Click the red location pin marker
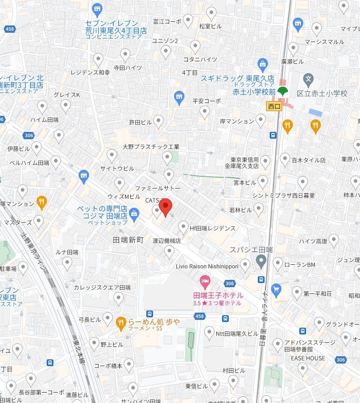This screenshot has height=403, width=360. (x=165, y=207)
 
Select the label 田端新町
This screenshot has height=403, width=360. (x=128, y=240)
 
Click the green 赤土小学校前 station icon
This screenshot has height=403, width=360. (x=282, y=92)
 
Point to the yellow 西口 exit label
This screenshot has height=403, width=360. (x=274, y=106)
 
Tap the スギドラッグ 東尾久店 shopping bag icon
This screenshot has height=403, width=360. (x=262, y=64)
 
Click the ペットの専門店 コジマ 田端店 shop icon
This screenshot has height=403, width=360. (x=134, y=212)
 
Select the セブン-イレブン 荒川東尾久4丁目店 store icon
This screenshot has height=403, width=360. (x=97, y=9)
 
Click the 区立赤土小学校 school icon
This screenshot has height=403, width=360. (x=309, y=80)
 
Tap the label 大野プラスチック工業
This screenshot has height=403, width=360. (x=151, y=147)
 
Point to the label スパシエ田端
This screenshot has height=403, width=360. (x=251, y=250)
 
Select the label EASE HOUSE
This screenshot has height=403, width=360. (x=308, y=358)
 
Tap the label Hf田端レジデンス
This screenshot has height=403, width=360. (x=212, y=228)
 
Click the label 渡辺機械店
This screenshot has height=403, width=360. (x=166, y=241)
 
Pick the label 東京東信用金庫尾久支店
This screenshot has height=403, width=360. (x=238, y=163)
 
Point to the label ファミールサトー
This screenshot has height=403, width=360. (x=158, y=187)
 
